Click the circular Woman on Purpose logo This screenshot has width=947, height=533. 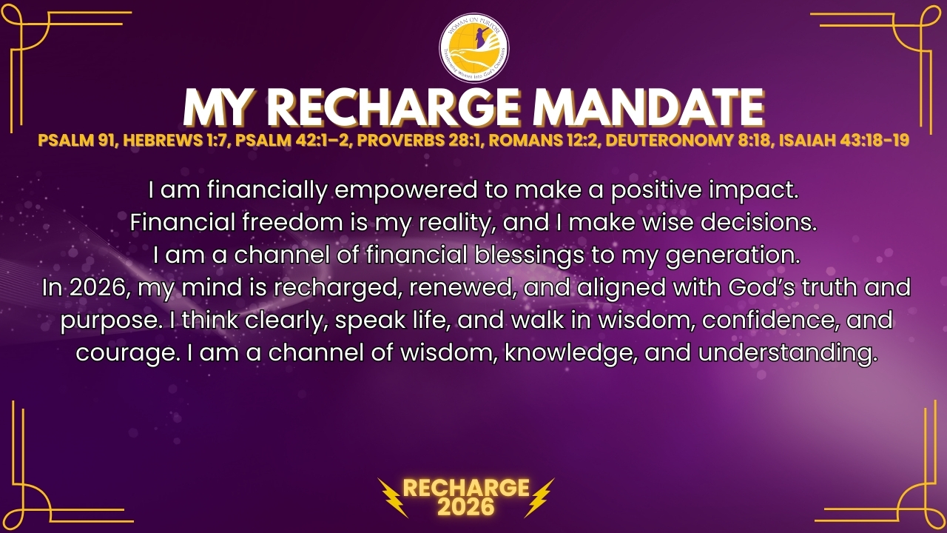474,48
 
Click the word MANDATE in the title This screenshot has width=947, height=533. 649,107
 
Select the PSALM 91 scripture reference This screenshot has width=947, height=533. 77,140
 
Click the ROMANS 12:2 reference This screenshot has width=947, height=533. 544,140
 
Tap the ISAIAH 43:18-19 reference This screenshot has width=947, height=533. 844,140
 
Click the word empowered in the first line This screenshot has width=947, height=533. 406,190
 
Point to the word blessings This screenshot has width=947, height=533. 528,255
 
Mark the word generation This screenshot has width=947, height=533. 733,255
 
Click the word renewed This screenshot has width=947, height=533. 462,288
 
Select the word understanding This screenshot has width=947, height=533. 788,353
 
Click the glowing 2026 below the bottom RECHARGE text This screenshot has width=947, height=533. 466,507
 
